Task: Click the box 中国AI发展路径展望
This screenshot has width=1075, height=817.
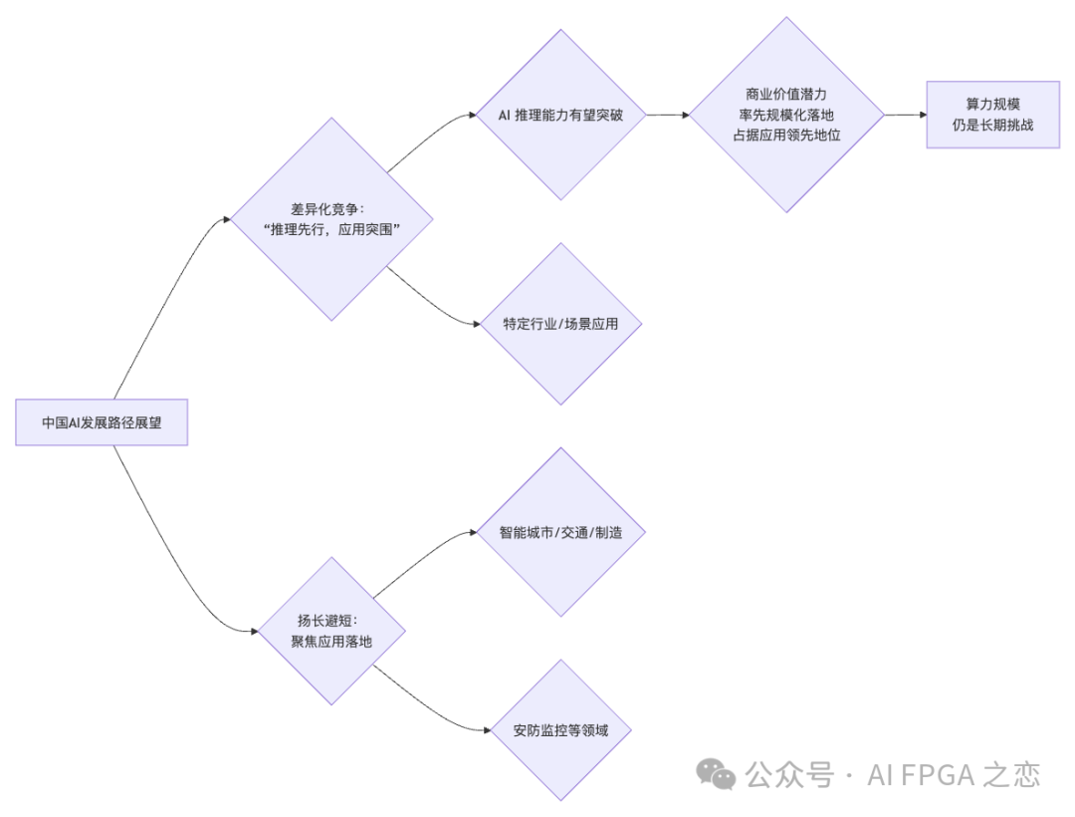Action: pos(102,422)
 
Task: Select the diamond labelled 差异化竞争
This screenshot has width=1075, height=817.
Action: pos(331,218)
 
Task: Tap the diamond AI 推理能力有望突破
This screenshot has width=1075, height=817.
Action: pos(560,115)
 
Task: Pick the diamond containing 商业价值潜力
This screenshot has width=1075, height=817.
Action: pos(786,115)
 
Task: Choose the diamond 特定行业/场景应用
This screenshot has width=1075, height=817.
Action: pos(560,324)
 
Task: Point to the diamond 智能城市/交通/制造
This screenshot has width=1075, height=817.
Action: pos(560,532)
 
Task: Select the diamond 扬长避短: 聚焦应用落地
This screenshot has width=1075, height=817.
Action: pos(331,632)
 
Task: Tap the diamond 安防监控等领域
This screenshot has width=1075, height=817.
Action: pos(560,730)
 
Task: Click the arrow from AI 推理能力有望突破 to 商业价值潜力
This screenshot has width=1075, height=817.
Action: pos(668,115)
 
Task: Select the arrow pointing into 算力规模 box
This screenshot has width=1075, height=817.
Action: pos(906,115)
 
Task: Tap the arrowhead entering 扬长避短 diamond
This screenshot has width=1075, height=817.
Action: pos(252,632)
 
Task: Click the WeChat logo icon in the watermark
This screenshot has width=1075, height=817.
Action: pos(716,773)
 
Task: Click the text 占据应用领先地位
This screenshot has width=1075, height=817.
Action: pos(786,135)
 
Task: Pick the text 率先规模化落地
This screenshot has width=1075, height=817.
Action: pos(786,115)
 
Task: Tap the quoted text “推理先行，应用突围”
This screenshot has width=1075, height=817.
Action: pos(331,228)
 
